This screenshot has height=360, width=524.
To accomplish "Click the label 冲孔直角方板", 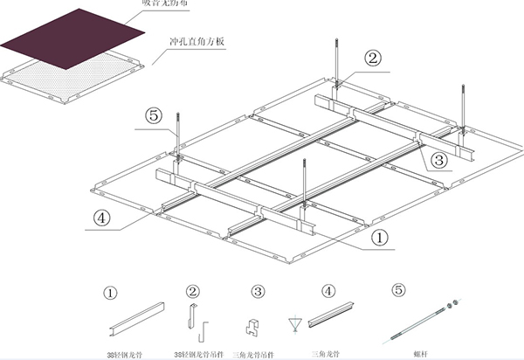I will pos(198,40).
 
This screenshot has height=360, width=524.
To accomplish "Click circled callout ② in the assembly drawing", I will pos(373,59).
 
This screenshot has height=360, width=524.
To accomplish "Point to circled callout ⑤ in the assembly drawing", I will pos(153,114).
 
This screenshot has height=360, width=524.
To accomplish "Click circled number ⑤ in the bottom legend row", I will pos(399,291).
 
